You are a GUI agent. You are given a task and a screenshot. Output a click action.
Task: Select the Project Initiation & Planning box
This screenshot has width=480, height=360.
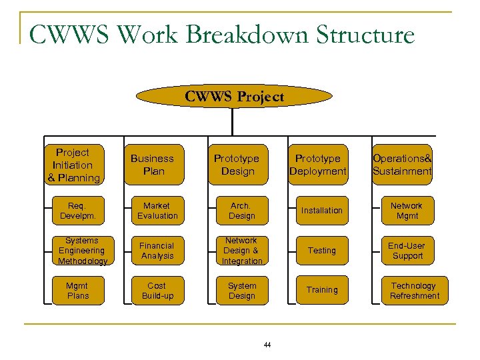pyautogui.click(x=74, y=165)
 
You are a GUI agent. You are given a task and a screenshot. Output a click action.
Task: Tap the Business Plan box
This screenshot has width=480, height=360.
pyautogui.click(x=152, y=165)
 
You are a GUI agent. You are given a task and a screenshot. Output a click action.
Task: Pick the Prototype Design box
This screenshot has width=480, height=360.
pyautogui.click(x=237, y=165)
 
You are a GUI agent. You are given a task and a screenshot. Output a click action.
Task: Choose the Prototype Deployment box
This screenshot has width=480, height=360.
pyautogui.click(x=317, y=165)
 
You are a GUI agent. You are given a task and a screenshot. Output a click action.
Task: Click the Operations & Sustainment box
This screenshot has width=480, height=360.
pyautogui.click(x=402, y=165)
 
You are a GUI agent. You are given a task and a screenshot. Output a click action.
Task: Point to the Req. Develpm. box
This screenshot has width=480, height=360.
pyautogui.click(x=77, y=211)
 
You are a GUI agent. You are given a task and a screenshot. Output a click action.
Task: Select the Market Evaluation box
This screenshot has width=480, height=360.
pyautogui.click(x=157, y=211)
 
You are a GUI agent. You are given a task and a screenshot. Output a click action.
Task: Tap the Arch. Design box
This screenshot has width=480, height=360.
pyautogui.click(x=241, y=211)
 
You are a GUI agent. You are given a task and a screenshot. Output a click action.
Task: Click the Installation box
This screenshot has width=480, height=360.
pyautogui.click(x=321, y=211)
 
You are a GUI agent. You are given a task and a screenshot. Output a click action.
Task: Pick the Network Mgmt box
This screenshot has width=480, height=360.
pyautogui.click(x=407, y=211)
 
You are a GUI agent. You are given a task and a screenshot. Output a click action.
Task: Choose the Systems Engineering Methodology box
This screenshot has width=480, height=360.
pyautogui.click(x=82, y=251)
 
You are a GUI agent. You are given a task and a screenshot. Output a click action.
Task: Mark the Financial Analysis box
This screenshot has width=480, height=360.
pyautogui.click(x=157, y=251)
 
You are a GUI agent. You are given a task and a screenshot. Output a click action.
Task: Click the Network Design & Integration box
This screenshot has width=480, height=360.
pyautogui.click(x=241, y=251)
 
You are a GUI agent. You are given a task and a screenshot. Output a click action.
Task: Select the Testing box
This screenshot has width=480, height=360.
pyautogui.click(x=321, y=251)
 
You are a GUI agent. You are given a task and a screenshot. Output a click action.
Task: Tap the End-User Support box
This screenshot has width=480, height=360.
pyautogui.click(x=407, y=251)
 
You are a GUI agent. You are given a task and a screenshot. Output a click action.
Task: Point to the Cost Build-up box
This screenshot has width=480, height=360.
pyautogui.click(x=157, y=291)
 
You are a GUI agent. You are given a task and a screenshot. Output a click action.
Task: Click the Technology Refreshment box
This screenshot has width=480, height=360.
pyautogui.click(x=414, y=291)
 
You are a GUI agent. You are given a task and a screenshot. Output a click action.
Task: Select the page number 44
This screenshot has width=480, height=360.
pyautogui.click(x=267, y=345)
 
